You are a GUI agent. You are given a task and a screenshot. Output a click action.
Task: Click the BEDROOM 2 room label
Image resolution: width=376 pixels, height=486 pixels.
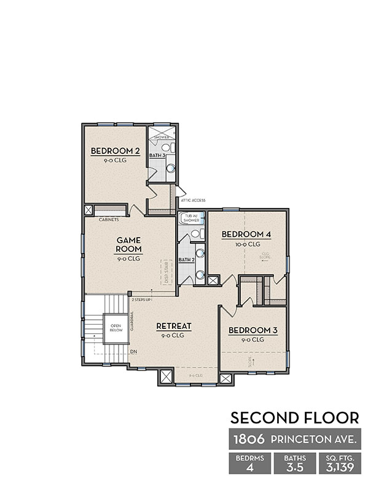pos(114,152)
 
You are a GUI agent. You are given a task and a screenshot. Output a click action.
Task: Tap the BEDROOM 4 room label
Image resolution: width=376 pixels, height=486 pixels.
pos(246,234)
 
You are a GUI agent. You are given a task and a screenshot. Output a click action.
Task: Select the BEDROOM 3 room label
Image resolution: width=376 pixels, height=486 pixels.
pos(253,331)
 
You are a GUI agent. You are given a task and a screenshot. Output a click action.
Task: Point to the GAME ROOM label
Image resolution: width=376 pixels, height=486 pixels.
pos(130,245)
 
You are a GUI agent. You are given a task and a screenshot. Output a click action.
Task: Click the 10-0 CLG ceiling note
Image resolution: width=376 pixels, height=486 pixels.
pos(246,244)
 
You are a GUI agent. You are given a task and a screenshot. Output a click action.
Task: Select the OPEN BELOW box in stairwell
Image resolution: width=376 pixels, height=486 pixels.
pos(115,328)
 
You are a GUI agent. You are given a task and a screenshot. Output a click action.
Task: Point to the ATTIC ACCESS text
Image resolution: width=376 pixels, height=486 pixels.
pos(192,200)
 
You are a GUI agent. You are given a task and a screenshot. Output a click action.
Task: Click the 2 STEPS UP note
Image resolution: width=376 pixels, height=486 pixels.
pos(141,300)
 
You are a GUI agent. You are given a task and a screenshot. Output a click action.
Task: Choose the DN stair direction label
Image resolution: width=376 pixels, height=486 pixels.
pos(133,352)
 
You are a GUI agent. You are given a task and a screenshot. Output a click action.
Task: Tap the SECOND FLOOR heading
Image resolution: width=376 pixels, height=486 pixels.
pos(294,418)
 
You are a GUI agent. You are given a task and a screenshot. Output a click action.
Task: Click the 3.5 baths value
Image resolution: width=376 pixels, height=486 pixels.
pos(294,467)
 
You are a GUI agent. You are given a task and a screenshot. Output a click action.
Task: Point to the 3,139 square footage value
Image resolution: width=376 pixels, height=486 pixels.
pos(339,467)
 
